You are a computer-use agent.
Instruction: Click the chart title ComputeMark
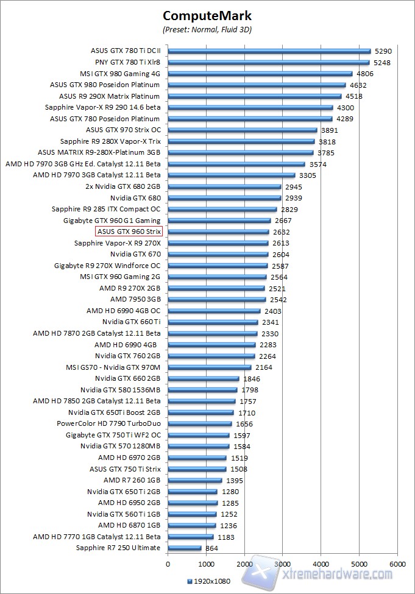[207, 16]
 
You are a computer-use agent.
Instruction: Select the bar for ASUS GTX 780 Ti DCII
[269, 51]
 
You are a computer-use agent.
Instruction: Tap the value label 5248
[382, 62]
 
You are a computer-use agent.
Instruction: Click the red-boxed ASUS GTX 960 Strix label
[129, 232]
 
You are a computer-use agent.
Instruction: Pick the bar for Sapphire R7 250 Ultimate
[184, 548]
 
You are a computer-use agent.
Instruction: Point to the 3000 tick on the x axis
[283, 564]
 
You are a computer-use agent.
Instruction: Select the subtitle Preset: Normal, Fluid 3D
[207, 29]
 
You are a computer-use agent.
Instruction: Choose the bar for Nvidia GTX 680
[224, 198]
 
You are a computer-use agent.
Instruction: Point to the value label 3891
[330, 130]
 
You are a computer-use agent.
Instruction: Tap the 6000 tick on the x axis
[397, 564]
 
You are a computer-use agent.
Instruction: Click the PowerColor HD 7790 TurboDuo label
[108, 423]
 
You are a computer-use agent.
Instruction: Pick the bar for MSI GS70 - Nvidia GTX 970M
[209, 367]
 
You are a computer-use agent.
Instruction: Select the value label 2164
[263, 367]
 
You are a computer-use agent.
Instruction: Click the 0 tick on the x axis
[168, 564]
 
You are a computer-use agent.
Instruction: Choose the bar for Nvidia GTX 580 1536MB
[202, 390]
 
